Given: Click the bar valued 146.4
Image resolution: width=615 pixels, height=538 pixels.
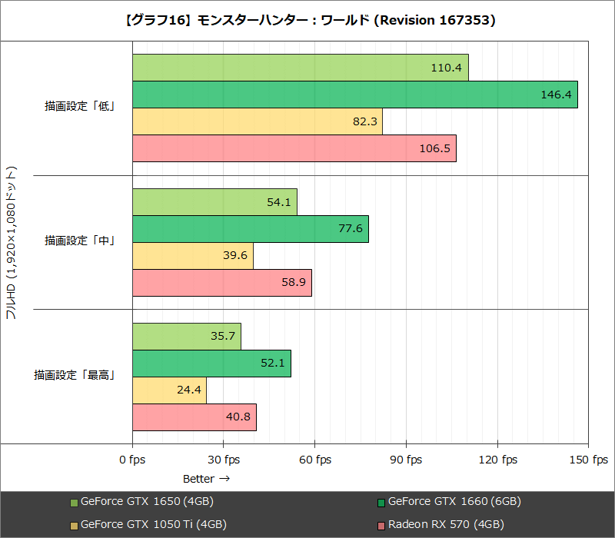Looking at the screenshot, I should [x=354, y=95].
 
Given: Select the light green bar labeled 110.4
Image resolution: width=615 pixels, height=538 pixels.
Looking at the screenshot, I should [x=300, y=68].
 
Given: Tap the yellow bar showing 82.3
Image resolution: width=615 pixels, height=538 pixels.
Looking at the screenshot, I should [x=257, y=121].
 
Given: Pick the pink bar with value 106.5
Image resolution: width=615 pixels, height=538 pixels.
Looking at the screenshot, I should [x=294, y=148].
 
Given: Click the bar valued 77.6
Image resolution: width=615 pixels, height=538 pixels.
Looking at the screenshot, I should [x=250, y=229].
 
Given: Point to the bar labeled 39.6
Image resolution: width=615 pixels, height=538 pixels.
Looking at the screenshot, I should [x=192, y=256].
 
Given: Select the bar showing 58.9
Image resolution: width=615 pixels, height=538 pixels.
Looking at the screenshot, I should [x=221, y=283].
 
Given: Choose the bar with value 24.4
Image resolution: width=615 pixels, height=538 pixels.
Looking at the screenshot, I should [x=169, y=390].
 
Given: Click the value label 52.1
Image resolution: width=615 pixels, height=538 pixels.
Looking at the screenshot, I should [x=273, y=364].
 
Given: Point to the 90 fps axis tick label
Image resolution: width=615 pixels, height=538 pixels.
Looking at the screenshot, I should [x=406, y=460].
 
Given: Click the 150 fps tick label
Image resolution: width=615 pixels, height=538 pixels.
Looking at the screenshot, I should [x=589, y=460].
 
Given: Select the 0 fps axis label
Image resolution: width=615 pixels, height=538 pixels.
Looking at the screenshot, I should [x=132, y=460].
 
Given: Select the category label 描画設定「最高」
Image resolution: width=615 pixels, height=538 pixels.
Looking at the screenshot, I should [x=75, y=376].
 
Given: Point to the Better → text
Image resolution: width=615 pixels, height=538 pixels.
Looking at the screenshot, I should [x=207, y=478].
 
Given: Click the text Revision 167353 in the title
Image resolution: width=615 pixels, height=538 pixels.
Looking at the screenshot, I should [x=434, y=21].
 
